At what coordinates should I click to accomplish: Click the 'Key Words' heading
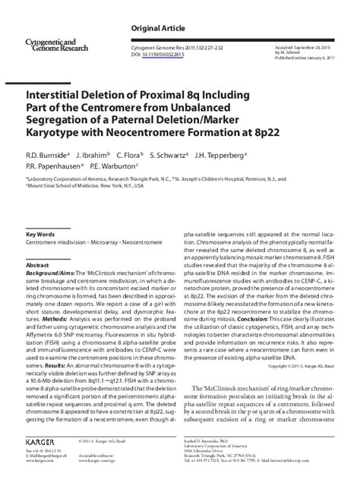coord(41,235)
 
